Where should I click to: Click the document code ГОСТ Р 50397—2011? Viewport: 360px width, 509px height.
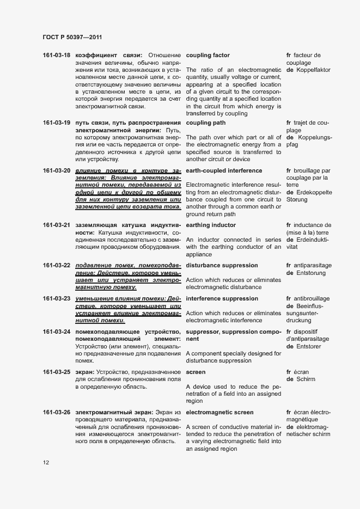72,37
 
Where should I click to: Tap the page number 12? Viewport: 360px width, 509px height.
46,462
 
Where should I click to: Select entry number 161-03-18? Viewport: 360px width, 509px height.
57,56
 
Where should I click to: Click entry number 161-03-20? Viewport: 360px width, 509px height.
57,171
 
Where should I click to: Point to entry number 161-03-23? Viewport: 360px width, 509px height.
57,299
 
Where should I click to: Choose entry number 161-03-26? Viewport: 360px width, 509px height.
57,413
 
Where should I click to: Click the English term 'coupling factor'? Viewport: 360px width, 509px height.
208,56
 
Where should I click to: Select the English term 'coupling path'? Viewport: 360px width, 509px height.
206,123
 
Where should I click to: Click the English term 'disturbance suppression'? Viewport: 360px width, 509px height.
222,266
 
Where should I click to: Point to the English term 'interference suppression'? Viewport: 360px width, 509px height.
222,299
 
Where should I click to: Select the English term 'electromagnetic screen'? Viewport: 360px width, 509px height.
219,413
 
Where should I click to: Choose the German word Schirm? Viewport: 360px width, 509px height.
307,379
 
